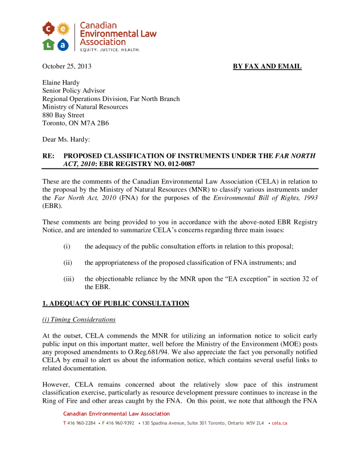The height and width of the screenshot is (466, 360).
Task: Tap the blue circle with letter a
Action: [x=63, y=44]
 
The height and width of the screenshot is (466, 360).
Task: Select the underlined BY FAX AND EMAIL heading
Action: [x=267, y=66]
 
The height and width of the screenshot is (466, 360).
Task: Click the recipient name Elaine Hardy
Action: [x=61, y=83]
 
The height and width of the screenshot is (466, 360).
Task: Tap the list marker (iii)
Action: [x=68, y=279]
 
